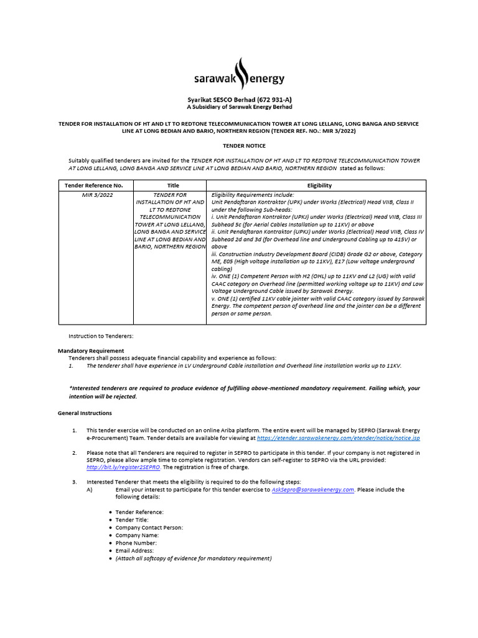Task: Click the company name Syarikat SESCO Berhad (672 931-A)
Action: click(x=240, y=100)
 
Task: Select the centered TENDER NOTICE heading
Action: click(x=240, y=146)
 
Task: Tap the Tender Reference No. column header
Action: click(x=94, y=186)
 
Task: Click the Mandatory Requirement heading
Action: click(x=91, y=351)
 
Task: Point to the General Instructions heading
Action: click(x=85, y=413)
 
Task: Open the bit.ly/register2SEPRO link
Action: click(x=123, y=467)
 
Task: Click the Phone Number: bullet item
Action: click(x=137, y=543)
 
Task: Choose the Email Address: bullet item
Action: click(x=137, y=551)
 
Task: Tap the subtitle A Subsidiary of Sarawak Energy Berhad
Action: click(x=240, y=107)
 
